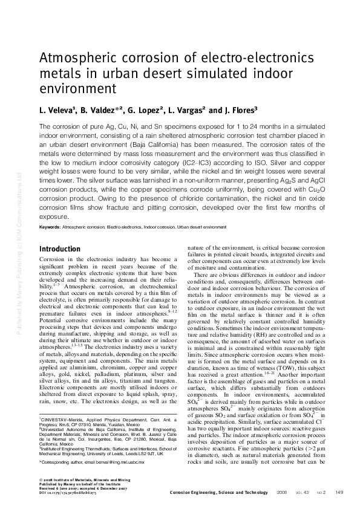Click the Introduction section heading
click(x=59, y=249)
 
